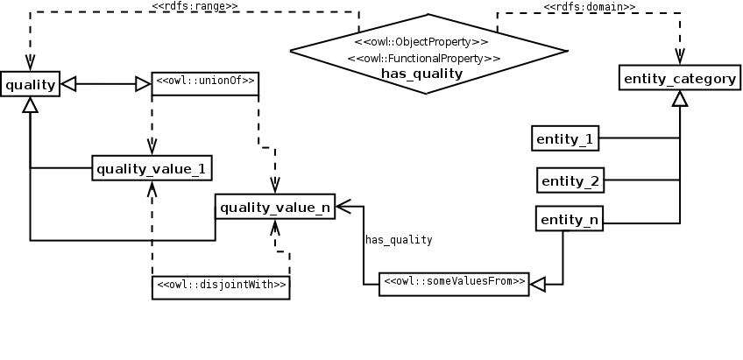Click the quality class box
tap(31, 84)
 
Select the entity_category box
tap(680, 78)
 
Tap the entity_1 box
tap(565, 138)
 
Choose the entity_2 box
tap(570, 180)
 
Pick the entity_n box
tap(570, 218)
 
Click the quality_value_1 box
tap(152, 167)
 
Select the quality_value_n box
tap(275, 207)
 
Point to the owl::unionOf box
tap(205, 83)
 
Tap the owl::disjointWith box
tap(221, 287)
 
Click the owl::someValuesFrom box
tap(454, 284)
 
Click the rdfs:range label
tap(195, 6)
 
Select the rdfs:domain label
tap(589, 7)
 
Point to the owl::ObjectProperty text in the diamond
tap(421, 42)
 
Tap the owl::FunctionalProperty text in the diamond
tap(423, 59)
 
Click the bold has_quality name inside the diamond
tap(421, 74)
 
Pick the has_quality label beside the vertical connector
tap(399, 240)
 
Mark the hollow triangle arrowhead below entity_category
tap(680, 98)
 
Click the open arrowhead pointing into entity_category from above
tap(680, 56)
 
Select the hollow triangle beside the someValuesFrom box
tap(537, 285)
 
